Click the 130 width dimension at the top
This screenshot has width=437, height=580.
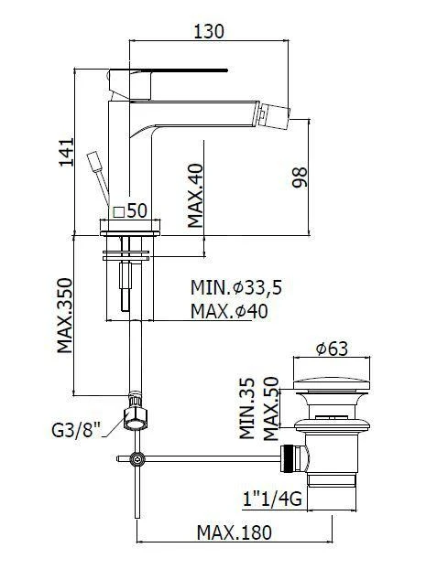pos(209,31)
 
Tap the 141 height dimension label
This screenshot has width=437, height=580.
pos(67,152)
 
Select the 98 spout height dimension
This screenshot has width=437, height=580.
pos(300,177)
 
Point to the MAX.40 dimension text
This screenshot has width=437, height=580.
pos(195,195)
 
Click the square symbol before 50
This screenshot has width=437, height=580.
pos(119,212)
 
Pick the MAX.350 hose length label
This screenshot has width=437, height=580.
pos(64,316)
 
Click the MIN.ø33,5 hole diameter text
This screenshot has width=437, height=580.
pos(236,287)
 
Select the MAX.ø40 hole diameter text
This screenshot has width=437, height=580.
pos(229,311)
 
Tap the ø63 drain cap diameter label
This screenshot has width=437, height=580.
pos(332,348)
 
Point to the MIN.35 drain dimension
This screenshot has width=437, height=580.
pos(247,408)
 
